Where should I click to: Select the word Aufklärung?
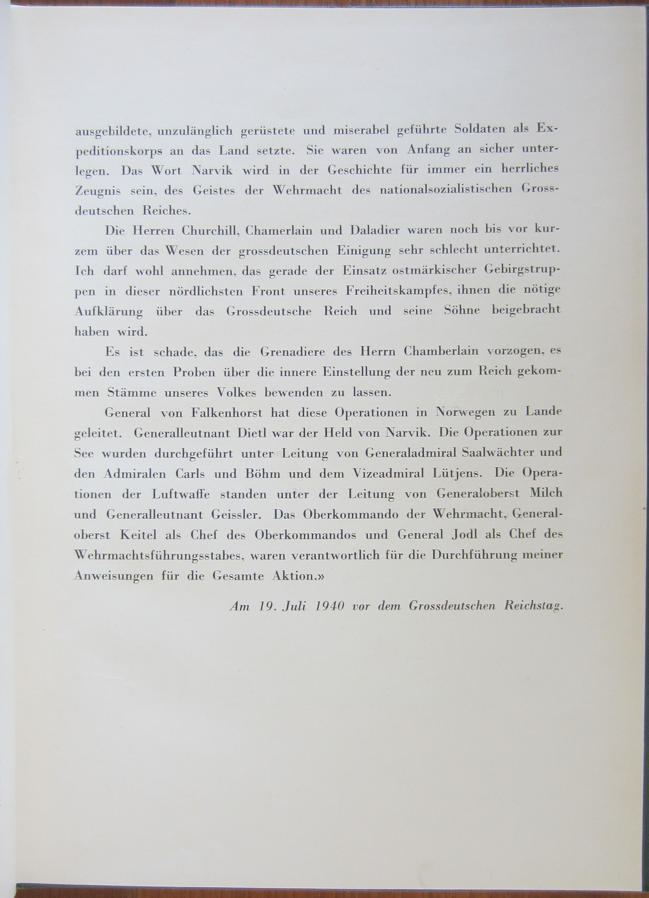pos(109,312)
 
